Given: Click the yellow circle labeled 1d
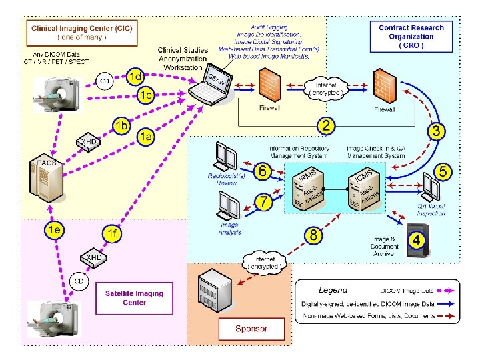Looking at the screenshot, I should point(135,77).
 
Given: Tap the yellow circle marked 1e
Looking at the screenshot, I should point(55,230).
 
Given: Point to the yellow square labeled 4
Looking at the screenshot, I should point(416,239).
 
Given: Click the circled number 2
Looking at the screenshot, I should point(325,125).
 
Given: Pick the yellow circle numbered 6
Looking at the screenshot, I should point(263,171).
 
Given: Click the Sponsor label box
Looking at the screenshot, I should point(251,329).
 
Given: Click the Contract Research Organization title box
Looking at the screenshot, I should point(411,36).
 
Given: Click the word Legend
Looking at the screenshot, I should point(333,290).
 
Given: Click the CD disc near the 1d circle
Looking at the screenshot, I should point(105,81).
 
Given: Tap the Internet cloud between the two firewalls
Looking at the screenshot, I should point(325,87).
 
